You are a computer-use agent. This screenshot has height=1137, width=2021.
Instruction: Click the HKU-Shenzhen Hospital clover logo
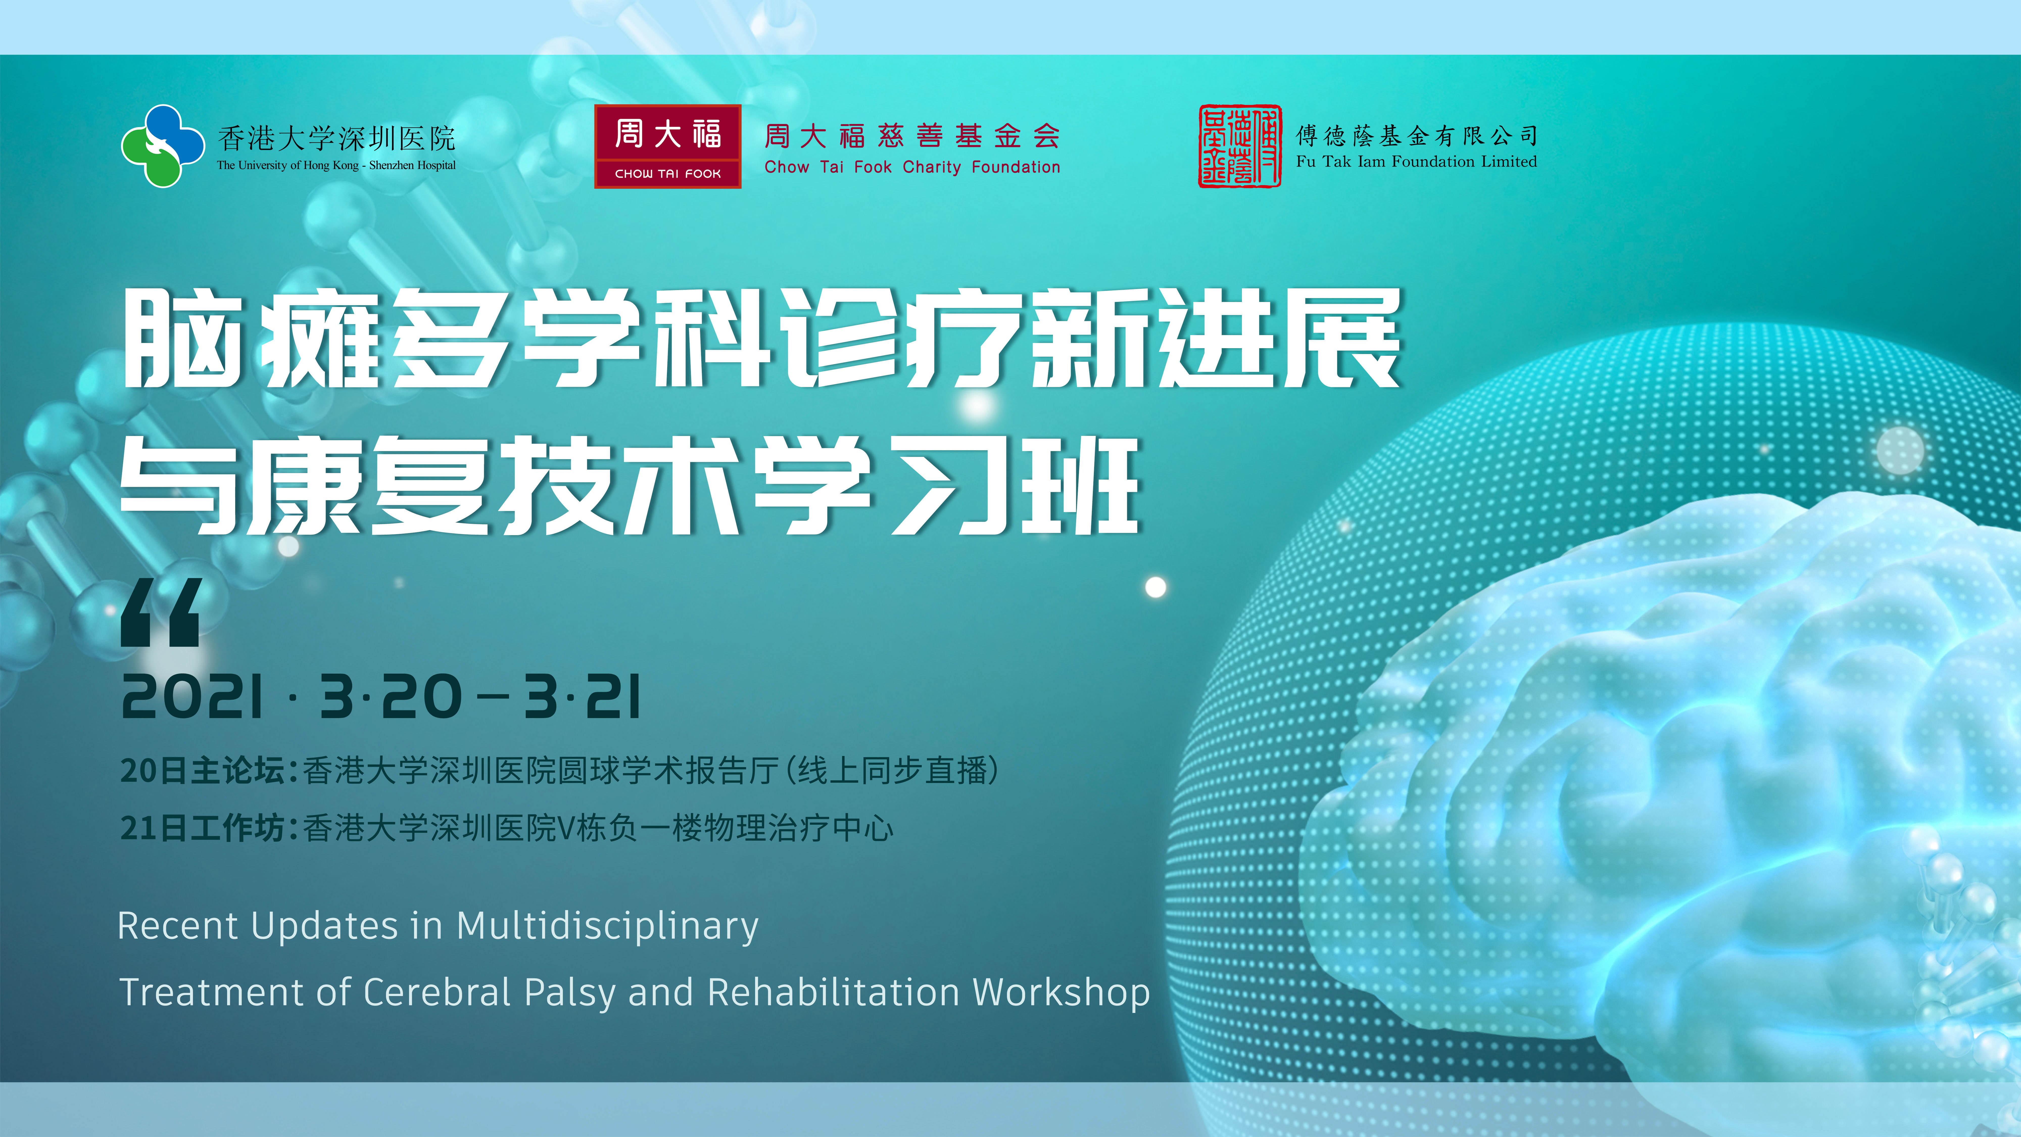click(162, 146)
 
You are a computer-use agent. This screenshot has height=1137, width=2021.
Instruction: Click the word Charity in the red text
click(931, 167)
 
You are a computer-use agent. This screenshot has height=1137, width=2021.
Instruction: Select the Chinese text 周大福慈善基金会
click(912, 136)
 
